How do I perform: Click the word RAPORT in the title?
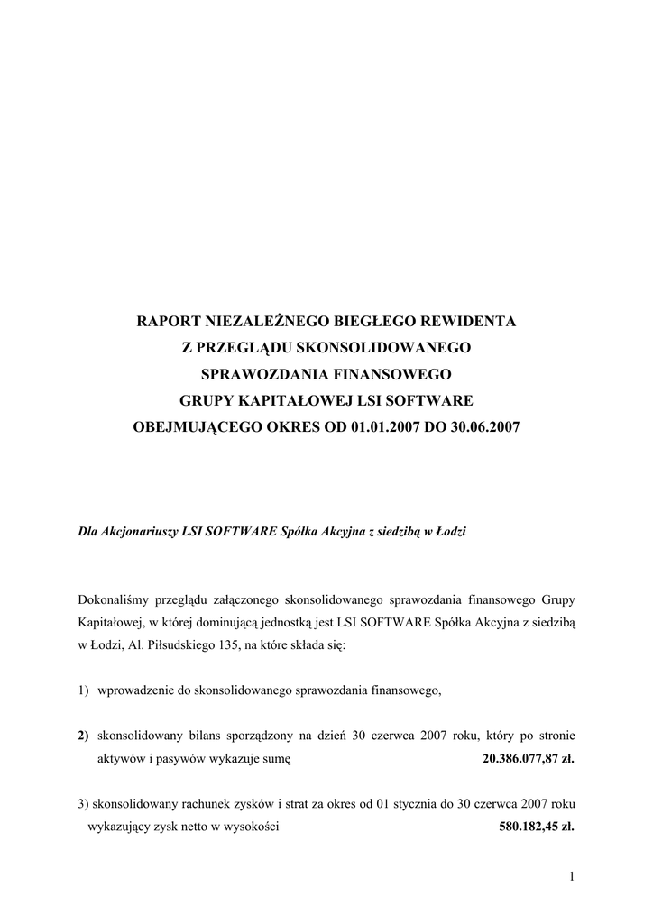[169, 320]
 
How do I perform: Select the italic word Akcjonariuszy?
[142, 532]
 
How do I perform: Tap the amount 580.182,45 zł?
[536, 826]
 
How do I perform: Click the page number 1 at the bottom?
[572, 875]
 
